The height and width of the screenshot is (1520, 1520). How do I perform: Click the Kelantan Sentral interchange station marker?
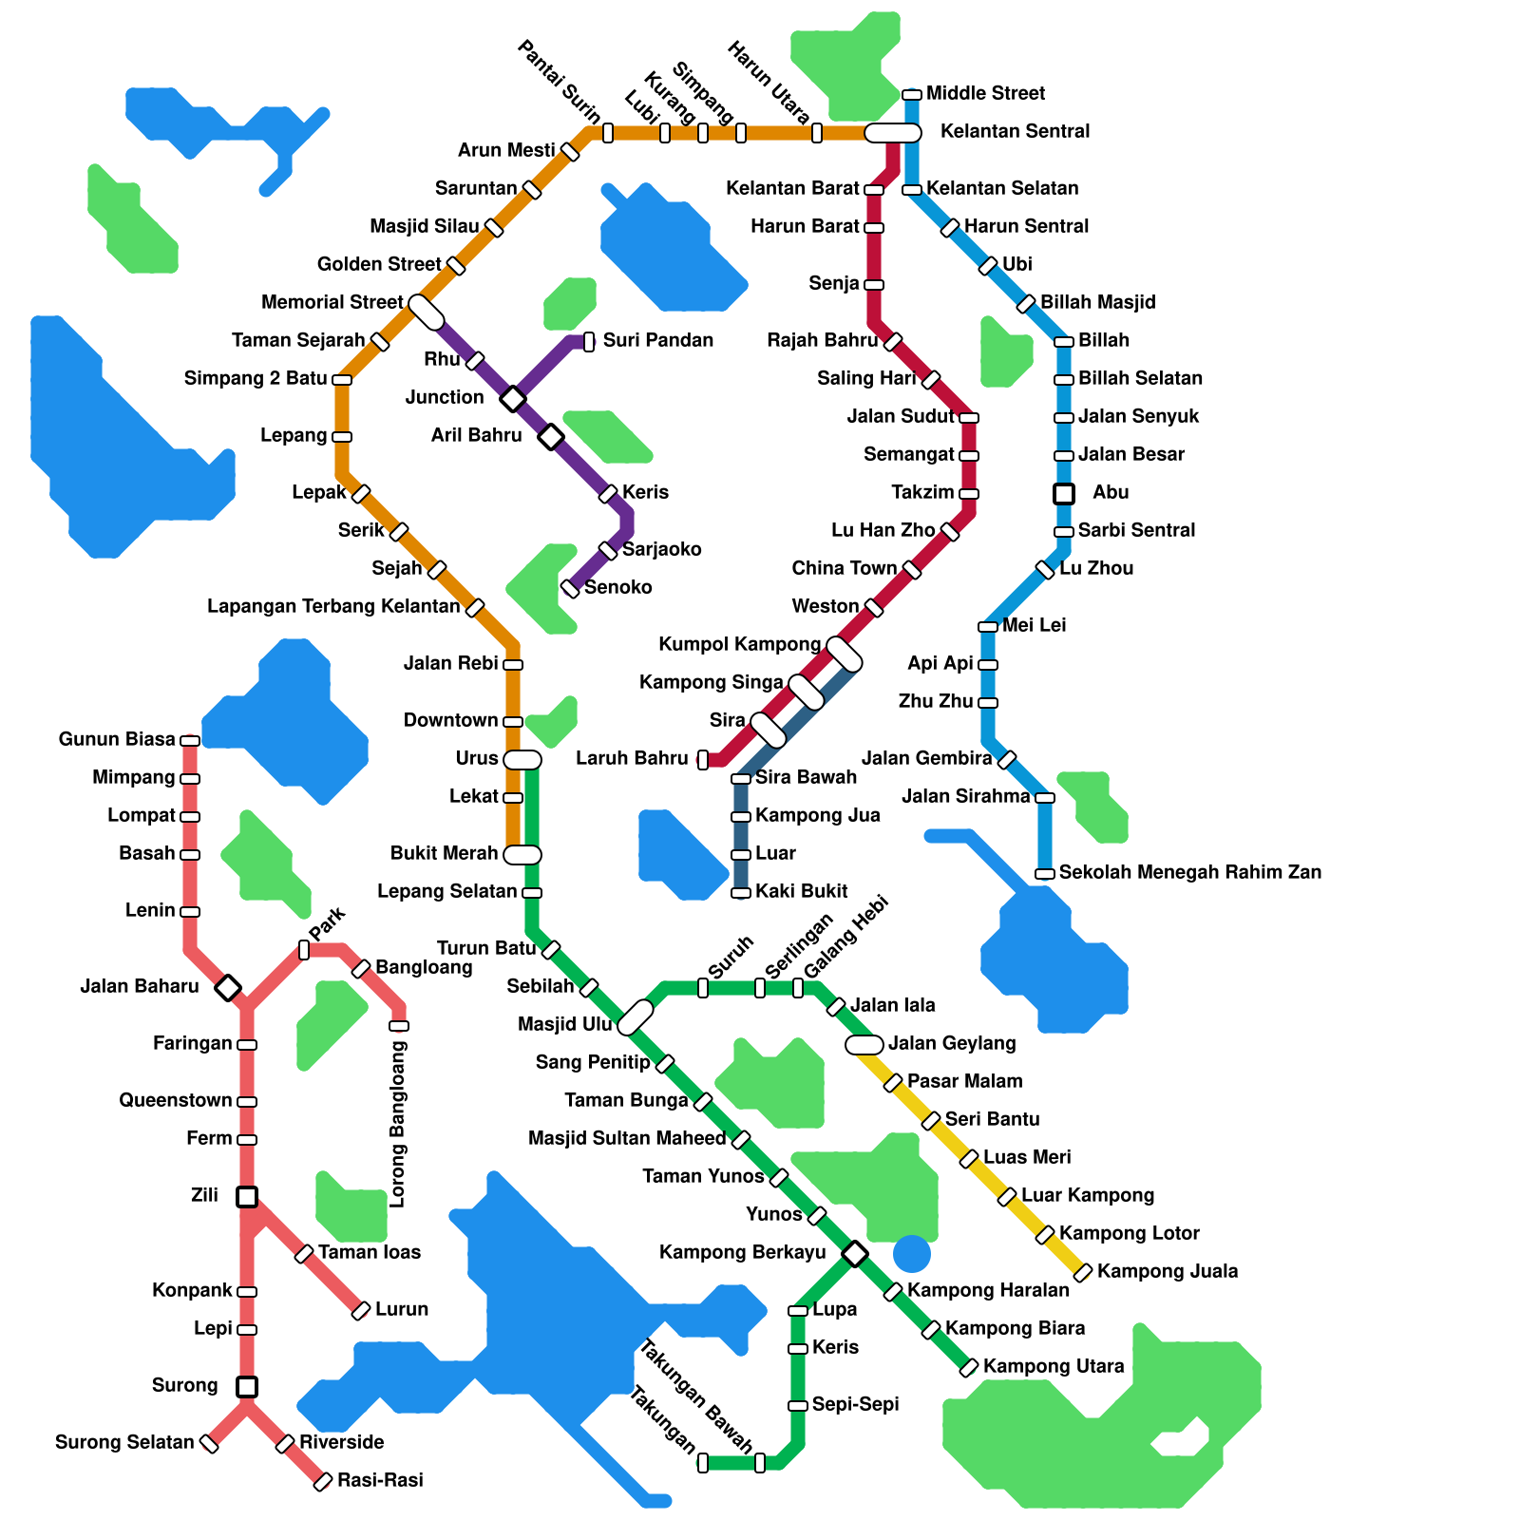pyautogui.click(x=893, y=133)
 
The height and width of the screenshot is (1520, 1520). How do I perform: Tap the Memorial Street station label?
pyautogui.click(x=332, y=303)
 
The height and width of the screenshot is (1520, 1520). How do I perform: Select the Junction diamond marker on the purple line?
pyautogui.click(x=513, y=398)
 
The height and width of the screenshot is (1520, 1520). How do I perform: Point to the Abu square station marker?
pyautogui.click(x=1064, y=494)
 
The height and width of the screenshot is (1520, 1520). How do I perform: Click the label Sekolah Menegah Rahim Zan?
pyautogui.click(x=1189, y=873)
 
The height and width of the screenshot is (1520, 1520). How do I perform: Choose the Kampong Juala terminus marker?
pyautogui.click(x=1083, y=1272)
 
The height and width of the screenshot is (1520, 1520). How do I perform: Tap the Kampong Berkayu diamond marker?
pyautogui.click(x=855, y=1253)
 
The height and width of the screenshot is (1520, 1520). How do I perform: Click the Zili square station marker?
pyautogui.click(x=247, y=1197)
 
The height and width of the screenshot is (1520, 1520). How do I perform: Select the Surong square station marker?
pyautogui.click(x=247, y=1387)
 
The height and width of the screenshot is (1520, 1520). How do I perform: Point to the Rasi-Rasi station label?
pyautogui.click(x=380, y=1481)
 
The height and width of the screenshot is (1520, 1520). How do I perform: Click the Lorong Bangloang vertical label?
pyautogui.click(x=398, y=1124)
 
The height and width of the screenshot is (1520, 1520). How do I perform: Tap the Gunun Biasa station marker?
pyautogui.click(x=190, y=740)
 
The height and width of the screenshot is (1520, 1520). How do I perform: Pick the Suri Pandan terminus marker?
pyautogui.click(x=589, y=342)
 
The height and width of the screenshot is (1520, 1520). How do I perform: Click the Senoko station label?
pyautogui.click(x=617, y=588)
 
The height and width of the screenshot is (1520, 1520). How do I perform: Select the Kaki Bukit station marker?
pyautogui.click(x=741, y=892)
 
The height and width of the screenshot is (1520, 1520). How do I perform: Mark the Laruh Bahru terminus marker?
pyautogui.click(x=703, y=759)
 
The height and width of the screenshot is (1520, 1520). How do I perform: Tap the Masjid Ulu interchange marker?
pyautogui.click(x=636, y=1017)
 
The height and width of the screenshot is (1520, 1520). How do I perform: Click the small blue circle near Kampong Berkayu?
pyautogui.click(x=912, y=1254)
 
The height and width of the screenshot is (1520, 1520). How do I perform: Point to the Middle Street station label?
pyautogui.click(x=985, y=94)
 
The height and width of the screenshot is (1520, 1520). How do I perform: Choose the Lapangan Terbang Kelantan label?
pyautogui.click(x=333, y=607)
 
